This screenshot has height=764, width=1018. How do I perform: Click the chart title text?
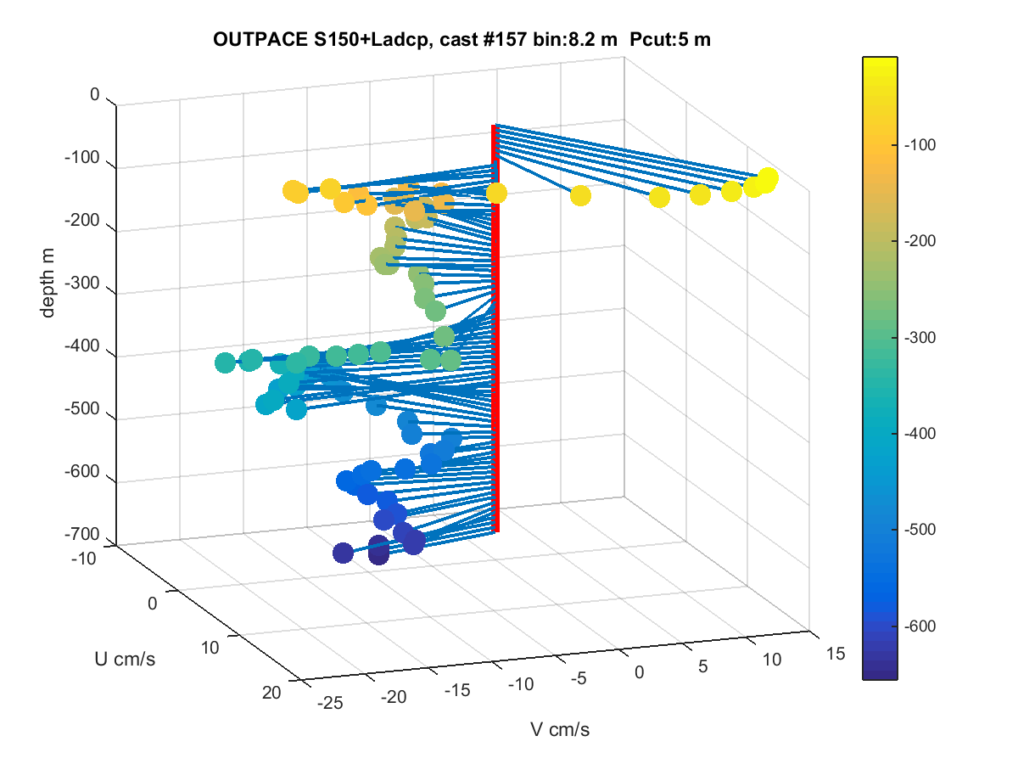coord(461,40)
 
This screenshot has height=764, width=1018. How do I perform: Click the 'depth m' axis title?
coord(48,283)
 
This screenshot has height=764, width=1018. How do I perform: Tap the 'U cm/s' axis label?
coord(125,660)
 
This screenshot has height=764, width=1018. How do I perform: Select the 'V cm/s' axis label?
coord(560,730)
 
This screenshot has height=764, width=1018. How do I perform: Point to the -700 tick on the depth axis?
coord(81,534)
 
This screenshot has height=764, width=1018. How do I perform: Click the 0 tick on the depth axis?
coord(95,94)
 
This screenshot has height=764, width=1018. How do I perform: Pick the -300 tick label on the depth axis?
coord(81,283)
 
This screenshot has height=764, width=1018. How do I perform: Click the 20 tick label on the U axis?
coord(271,693)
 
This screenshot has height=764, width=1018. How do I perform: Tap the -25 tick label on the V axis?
coord(330,703)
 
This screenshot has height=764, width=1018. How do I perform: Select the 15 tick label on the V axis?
coord(836,654)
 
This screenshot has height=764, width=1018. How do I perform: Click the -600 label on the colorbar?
coord(920,626)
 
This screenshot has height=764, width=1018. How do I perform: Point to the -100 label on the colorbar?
coord(920,145)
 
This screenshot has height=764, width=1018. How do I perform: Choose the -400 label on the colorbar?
coord(920,434)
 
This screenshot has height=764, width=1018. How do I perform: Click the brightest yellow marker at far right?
coord(767,178)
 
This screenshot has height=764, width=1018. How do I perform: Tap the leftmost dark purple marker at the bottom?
coord(344,553)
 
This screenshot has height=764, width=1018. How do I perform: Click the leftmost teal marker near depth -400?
coord(226,362)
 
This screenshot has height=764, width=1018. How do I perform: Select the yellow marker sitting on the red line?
coord(496,193)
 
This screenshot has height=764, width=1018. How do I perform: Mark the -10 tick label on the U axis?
coord(83,559)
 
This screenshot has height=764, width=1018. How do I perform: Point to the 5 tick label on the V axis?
coord(702,666)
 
